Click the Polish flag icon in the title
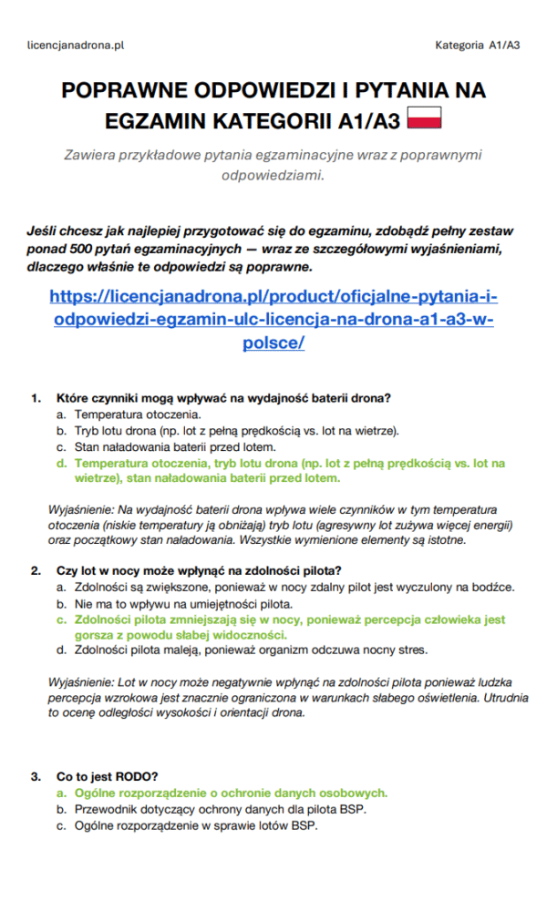coord(424,118)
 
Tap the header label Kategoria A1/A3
coord(477,44)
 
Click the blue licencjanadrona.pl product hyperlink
coord(273,320)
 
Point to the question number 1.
coord(36,398)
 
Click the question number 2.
coord(36,571)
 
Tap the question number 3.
coord(36,777)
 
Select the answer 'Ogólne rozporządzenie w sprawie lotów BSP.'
coord(196,826)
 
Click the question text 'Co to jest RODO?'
coord(108,777)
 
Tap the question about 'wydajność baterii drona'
coord(223,398)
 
